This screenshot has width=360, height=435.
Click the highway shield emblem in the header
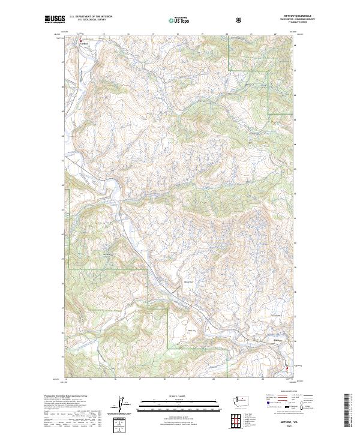pyautogui.click(x=240, y=20)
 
